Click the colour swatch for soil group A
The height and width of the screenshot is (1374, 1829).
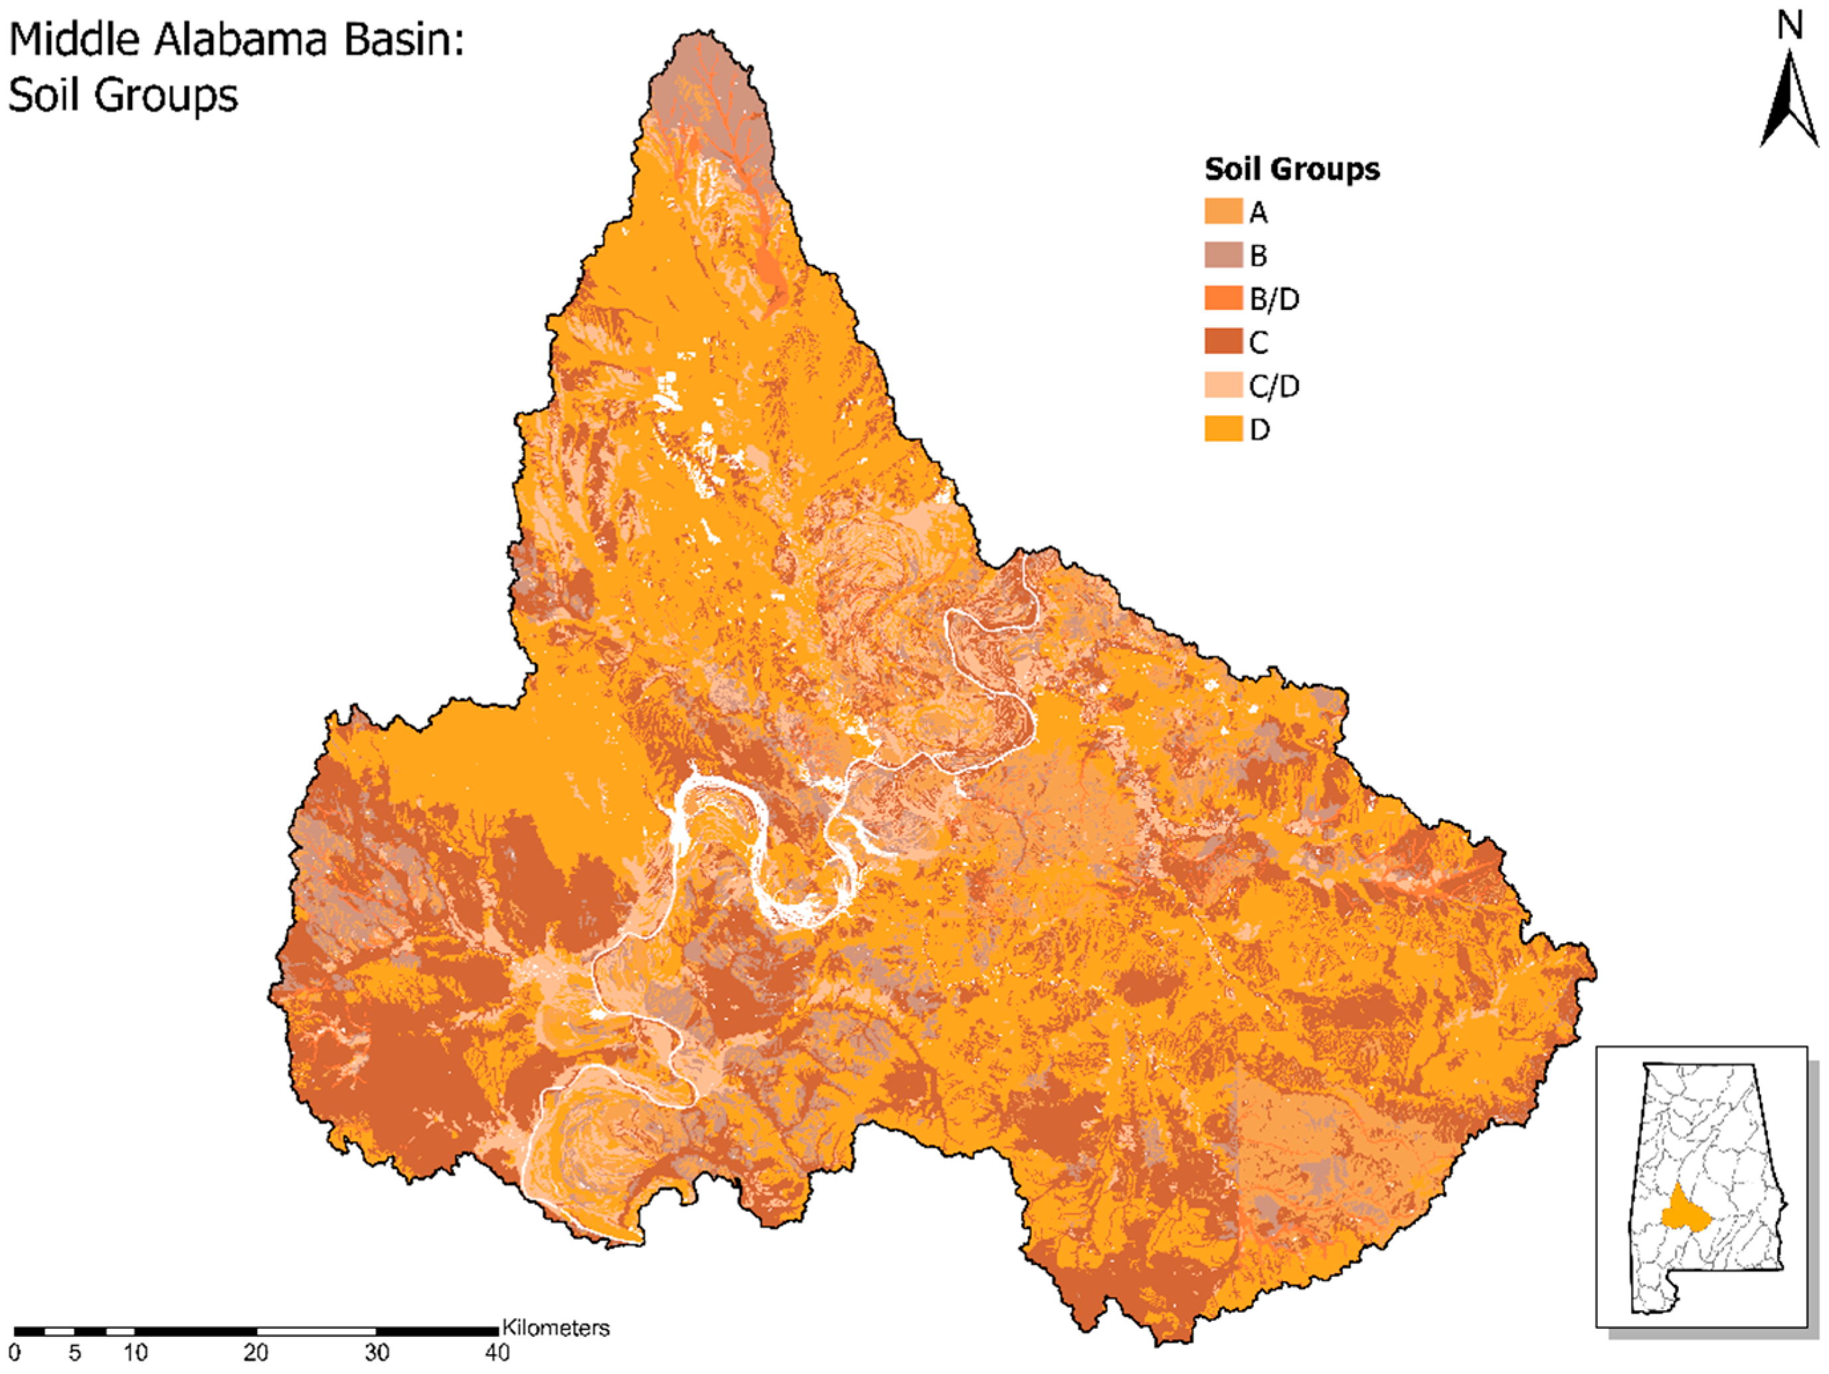pos(1223,212)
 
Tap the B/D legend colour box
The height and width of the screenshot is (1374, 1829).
pos(1223,298)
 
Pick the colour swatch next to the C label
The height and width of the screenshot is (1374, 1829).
pos(1223,341)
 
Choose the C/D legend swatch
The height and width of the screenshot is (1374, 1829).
pos(1223,385)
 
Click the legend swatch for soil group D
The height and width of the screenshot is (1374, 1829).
pos(1223,428)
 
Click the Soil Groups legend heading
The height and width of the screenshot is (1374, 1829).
pos(1292,169)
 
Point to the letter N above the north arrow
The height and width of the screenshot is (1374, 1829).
pos(1790,26)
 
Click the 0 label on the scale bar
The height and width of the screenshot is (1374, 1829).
pos(14,1353)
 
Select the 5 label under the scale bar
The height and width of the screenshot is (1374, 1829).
pos(74,1353)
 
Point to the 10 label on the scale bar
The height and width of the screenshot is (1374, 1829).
pos(135,1353)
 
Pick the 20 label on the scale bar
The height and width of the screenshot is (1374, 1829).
pos(256,1353)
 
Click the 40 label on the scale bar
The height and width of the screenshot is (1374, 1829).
pos(497,1353)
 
